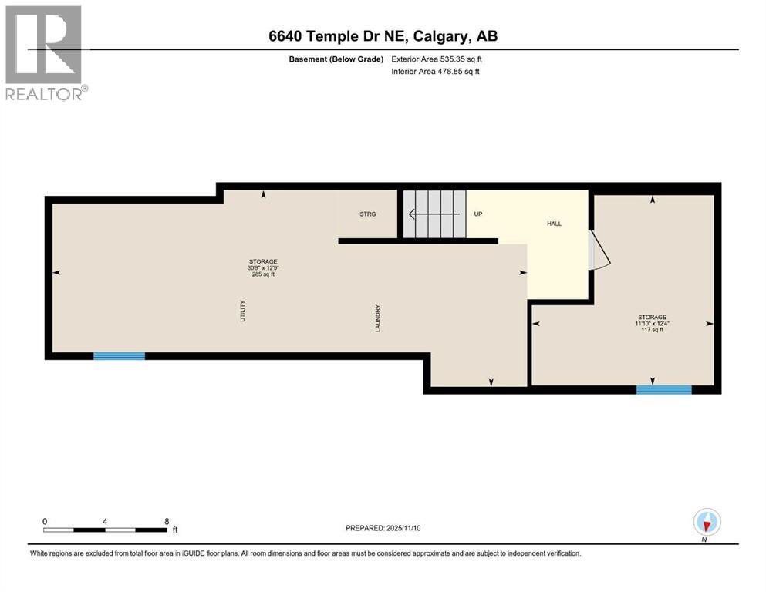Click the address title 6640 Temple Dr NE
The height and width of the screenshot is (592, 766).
383,37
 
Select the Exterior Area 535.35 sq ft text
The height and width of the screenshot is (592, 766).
438,59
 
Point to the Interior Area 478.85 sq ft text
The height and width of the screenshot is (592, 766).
437,72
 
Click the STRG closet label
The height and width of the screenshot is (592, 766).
367,214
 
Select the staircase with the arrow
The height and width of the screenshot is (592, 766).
434,214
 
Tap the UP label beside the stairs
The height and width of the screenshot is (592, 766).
477,214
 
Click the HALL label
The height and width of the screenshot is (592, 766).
554,224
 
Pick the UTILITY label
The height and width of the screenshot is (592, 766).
242,310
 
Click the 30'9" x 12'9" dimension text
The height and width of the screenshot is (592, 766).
263,267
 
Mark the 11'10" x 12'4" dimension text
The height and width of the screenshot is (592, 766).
652,323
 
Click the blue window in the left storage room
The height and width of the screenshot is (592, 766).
119,355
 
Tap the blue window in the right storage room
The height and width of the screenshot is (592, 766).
663,390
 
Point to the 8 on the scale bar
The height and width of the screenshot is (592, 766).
167,521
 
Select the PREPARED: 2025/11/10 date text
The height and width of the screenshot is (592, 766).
383,528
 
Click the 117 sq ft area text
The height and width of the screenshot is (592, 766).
652,330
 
